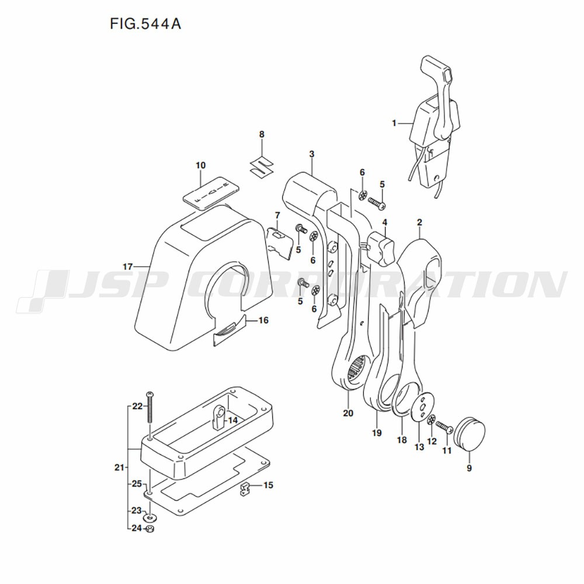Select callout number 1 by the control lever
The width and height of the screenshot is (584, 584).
click(x=394, y=123)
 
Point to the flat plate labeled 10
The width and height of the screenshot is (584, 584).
click(x=211, y=191)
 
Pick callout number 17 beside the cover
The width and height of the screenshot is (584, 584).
click(x=128, y=266)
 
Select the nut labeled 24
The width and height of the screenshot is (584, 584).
click(x=149, y=529)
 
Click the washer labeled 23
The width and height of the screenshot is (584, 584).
click(x=150, y=517)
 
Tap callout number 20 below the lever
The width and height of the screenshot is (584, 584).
click(x=349, y=414)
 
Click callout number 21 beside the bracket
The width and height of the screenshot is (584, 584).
click(x=120, y=467)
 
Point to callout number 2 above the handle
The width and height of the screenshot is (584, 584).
click(x=419, y=222)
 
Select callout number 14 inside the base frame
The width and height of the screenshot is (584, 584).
click(x=232, y=420)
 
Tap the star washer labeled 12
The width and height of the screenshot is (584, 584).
click(x=432, y=420)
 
